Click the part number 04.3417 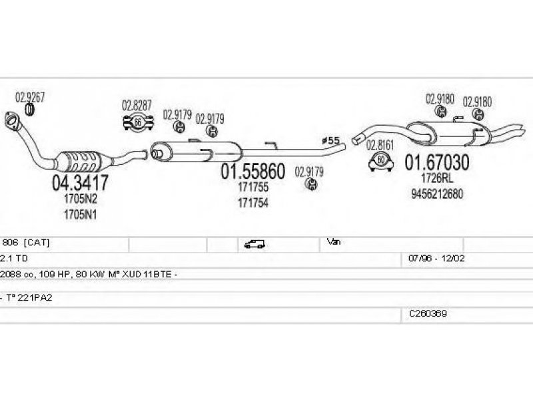point(80,183)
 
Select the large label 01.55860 point(253,172)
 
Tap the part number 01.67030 point(437,162)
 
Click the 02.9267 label point(30,97)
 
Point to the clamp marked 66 point(138,122)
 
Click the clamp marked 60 point(381,161)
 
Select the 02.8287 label point(137,106)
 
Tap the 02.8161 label point(380,145)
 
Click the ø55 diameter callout point(330,140)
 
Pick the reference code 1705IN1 point(80,215)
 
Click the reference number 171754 point(253,203)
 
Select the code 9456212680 point(437,194)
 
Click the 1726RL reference point(437,178)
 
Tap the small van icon point(255,244)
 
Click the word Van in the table point(334,242)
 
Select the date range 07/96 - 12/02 point(436,259)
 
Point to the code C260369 point(428,314)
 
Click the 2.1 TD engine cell point(13,259)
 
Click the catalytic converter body point(81,160)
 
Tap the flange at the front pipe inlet point(12,120)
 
